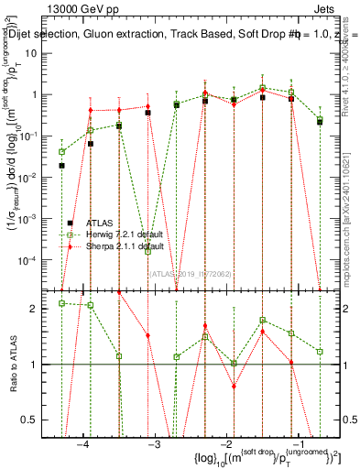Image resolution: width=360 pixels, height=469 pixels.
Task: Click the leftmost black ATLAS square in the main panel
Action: pyautogui.click(x=61, y=166)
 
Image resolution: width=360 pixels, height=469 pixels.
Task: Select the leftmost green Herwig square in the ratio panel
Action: pyautogui.click(x=61, y=303)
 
